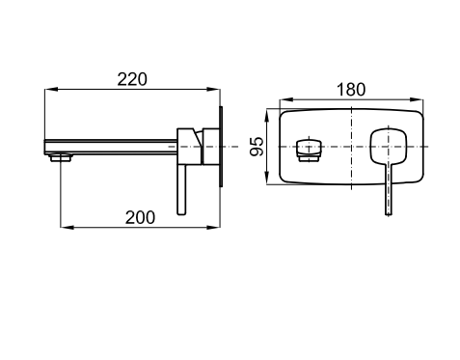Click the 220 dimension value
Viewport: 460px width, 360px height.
coord(132,79)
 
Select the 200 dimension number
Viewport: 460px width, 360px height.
coord(140,217)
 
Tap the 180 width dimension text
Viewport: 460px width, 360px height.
coord(351,90)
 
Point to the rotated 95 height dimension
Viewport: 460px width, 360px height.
coord(257,147)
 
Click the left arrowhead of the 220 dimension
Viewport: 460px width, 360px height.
coord(51,89)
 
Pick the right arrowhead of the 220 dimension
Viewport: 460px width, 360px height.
coord(213,89)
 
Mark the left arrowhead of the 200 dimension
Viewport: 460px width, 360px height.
coord(67,227)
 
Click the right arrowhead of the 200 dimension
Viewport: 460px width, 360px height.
coord(213,227)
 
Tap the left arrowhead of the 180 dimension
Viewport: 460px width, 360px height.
coord(286,100)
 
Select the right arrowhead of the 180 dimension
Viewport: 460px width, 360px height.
coord(417,100)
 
